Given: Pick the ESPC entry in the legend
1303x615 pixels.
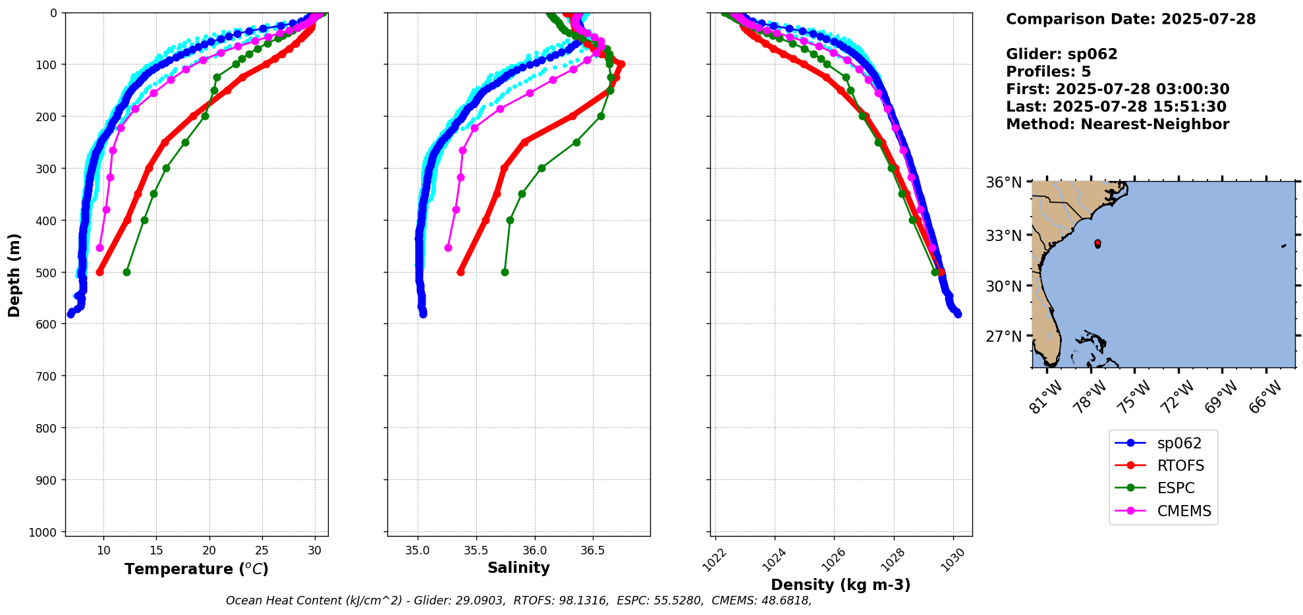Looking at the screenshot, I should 1175,489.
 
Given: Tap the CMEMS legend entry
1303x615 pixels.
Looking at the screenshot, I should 1183,511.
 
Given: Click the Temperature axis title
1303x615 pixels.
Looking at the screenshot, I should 196,569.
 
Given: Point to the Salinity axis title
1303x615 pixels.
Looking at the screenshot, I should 518,568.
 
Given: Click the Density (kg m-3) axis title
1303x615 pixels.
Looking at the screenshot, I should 841,585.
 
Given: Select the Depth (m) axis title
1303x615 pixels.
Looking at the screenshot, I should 14,275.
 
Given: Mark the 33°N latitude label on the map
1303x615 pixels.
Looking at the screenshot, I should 1003,236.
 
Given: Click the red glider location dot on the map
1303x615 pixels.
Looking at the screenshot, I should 1097,243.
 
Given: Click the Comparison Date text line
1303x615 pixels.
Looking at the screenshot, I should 1130,19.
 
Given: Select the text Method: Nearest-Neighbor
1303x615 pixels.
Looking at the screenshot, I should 1117,124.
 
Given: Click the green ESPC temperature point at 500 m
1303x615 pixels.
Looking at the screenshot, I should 126,272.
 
